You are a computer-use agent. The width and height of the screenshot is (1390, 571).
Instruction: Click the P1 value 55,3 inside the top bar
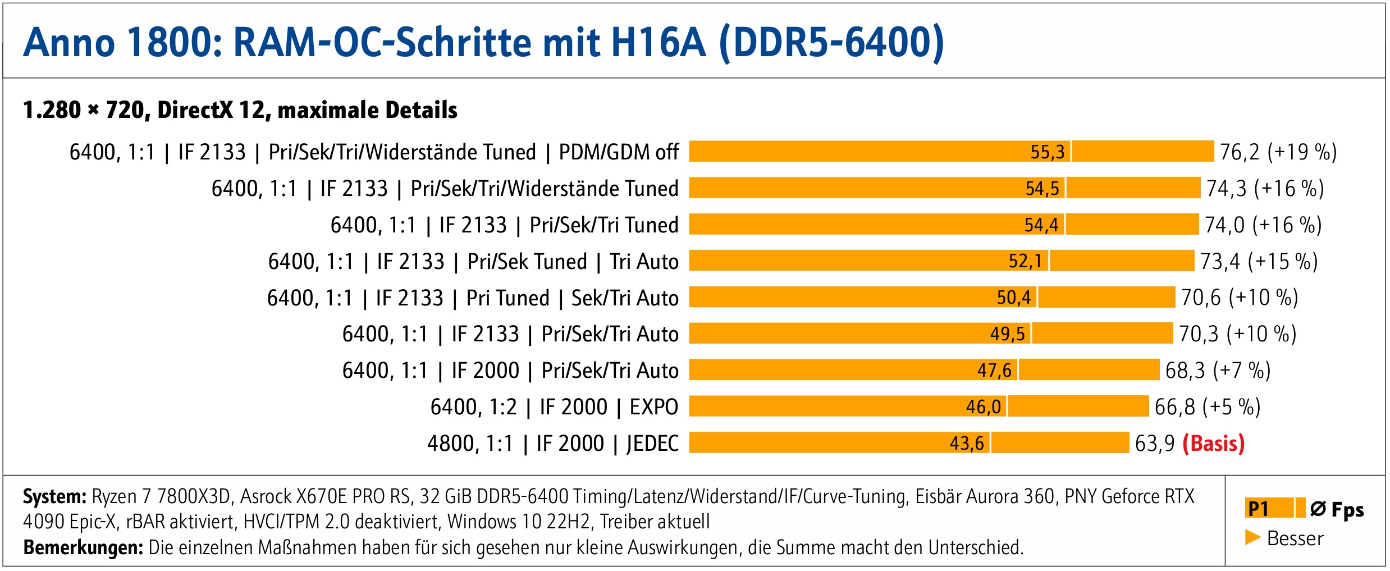pos(1047,152)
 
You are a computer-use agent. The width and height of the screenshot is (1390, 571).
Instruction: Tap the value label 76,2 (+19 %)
pos(1278,152)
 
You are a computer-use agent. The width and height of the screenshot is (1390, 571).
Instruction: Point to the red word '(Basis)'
pos(1213,444)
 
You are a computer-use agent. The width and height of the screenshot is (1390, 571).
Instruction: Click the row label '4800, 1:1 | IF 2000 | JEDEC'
pos(552,444)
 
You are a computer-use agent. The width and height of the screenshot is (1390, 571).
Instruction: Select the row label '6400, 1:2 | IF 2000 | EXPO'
pos(554,407)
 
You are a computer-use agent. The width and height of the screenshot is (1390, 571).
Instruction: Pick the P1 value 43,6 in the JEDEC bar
pos(966,444)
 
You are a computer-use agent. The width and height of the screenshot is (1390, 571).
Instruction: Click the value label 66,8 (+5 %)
pos(1207,407)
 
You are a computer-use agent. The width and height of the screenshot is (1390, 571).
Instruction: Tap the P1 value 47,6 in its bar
pos(994,371)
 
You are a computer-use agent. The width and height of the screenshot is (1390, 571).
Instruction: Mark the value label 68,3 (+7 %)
pos(1217,371)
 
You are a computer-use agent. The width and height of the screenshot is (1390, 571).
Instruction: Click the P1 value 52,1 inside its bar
pos(1025,262)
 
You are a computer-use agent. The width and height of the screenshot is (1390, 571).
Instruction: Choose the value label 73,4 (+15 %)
pos(1258,262)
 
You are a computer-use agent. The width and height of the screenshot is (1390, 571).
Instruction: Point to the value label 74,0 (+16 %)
pos(1263,225)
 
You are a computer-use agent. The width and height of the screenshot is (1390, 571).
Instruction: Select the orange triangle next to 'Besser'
pos(1252,537)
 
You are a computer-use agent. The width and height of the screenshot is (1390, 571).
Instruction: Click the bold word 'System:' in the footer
pos(54,497)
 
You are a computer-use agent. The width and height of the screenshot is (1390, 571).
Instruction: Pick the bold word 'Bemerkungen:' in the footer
pos(83,547)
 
